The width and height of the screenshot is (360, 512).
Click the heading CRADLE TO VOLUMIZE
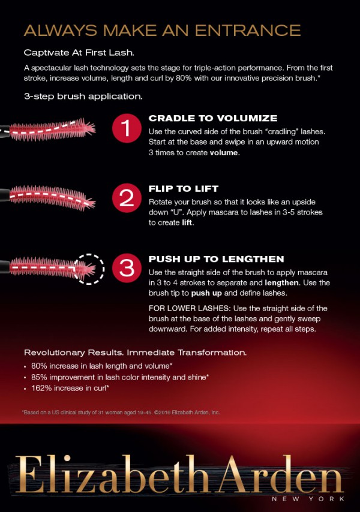(x=213, y=118)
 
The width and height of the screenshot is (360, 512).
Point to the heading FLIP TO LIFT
(x=184, y=189)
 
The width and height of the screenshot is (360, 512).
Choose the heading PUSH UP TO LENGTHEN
(x=216, y=259)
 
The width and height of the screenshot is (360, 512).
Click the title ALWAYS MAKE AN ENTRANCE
(x=162, y=31)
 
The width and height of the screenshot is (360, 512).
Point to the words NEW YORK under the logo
(x=308, y=499)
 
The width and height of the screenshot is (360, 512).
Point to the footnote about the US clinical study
(x=121, y=412)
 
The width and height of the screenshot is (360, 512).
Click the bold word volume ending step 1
(x=224, y=152)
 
